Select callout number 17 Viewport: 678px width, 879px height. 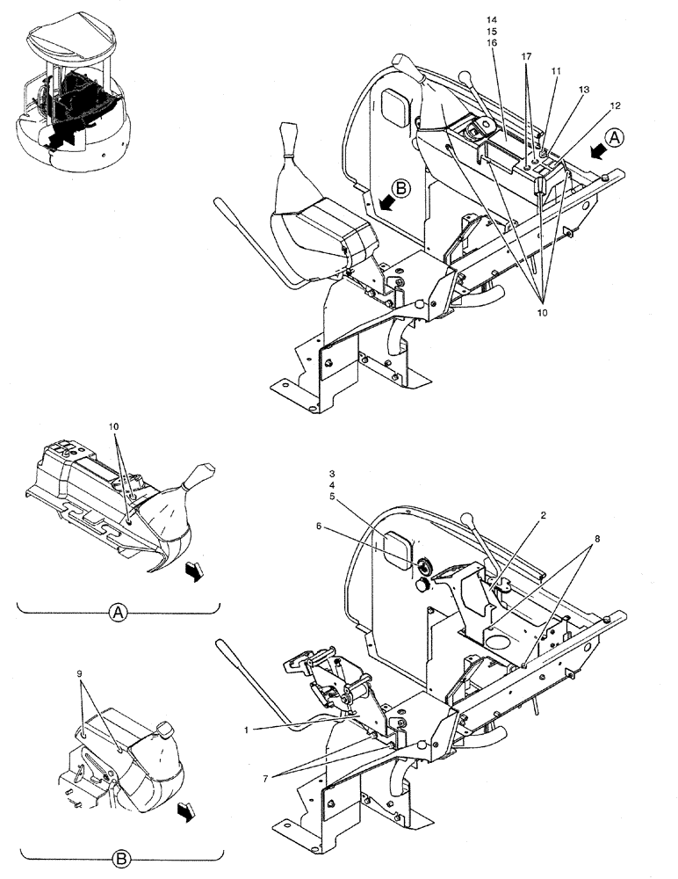point(526,55)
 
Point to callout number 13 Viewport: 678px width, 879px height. point(584,90)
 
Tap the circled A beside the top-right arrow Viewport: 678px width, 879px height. point(616,138)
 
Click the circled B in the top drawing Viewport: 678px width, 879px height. point(400,188)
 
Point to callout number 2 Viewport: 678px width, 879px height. point(544,515)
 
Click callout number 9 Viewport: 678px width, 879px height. point(80,673)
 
